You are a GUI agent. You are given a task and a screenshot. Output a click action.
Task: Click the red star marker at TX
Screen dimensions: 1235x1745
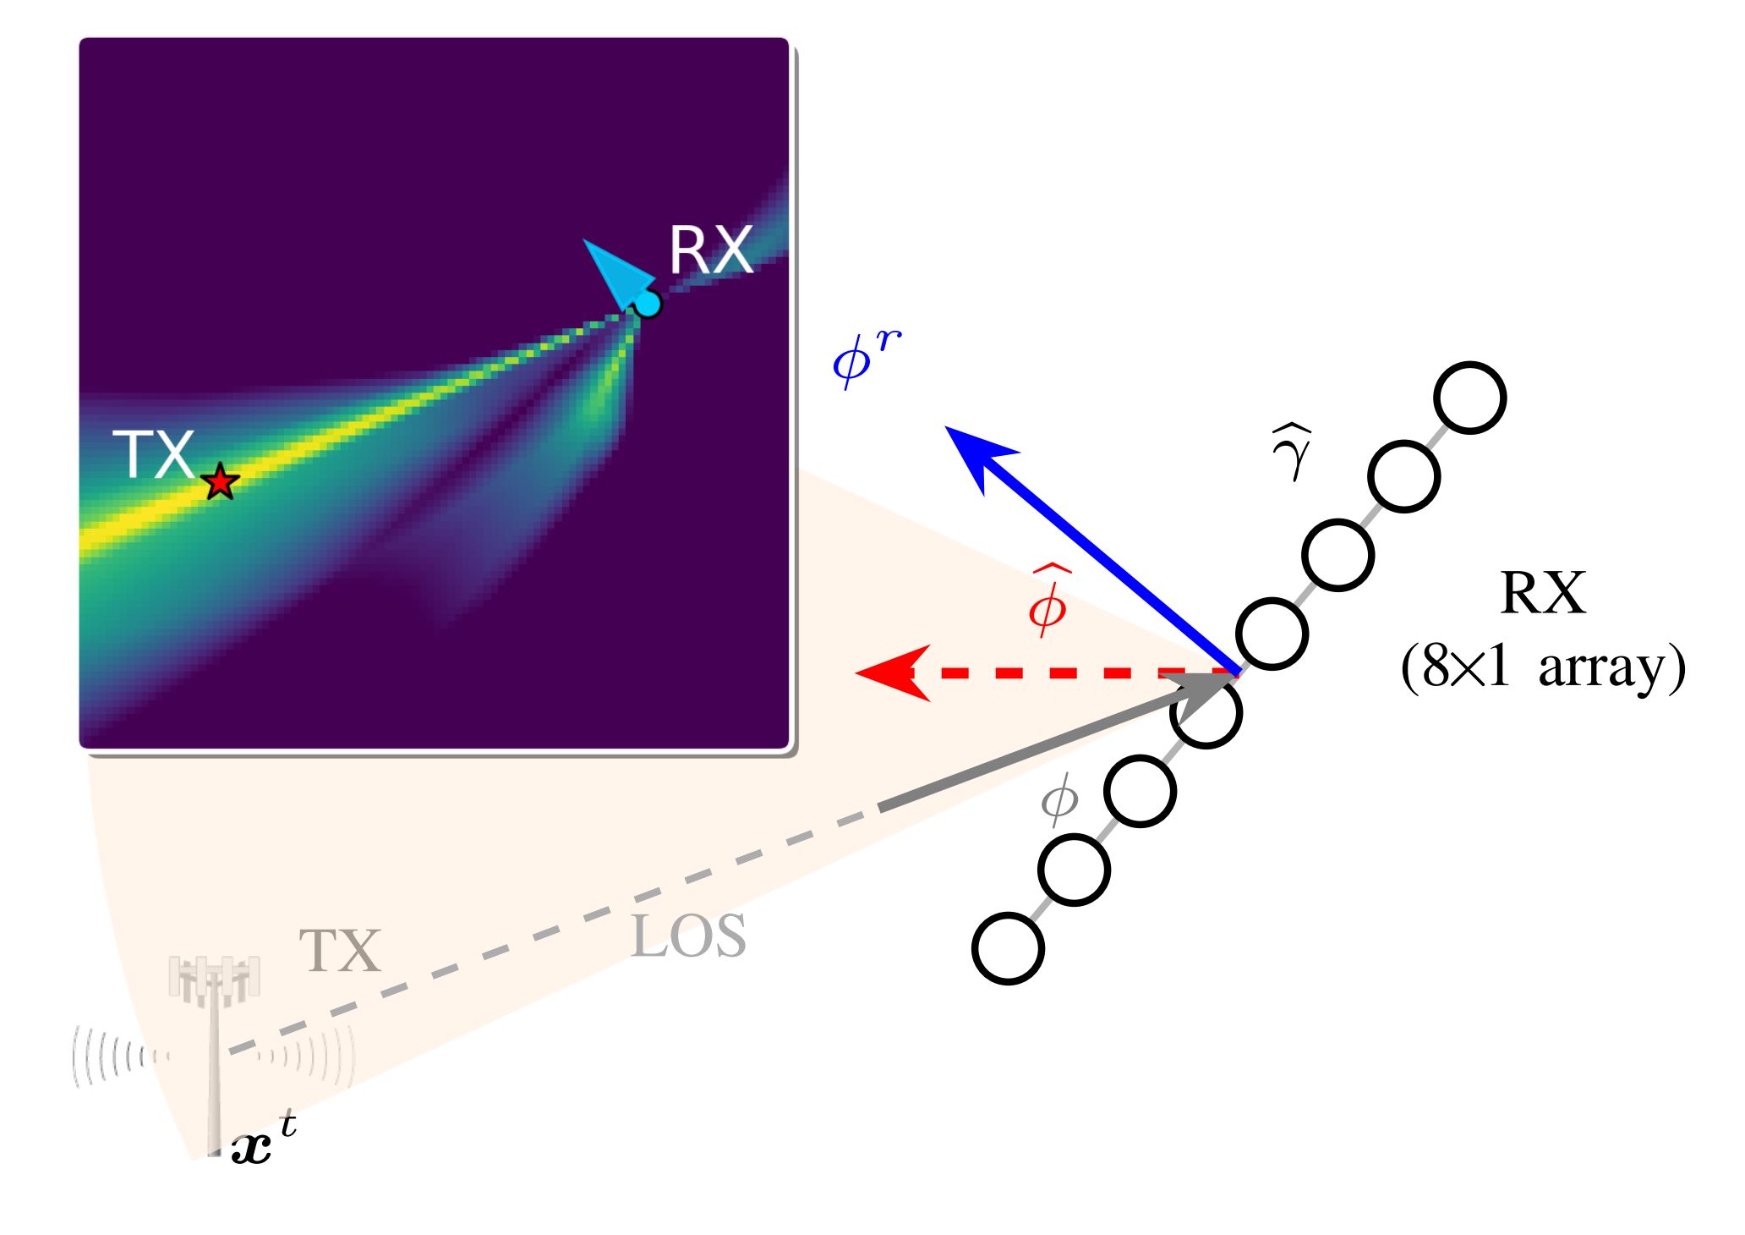click(x=221, y=482)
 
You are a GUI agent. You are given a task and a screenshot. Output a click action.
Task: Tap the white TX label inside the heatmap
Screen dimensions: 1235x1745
click(x=154, y=455)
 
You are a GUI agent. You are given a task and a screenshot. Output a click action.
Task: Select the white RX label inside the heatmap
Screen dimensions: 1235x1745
click(x=710, y=250)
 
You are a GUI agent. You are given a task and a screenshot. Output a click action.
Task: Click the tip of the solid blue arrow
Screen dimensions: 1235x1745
click(x=951, y=431)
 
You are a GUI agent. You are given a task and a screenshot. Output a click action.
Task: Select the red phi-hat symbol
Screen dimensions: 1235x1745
click(x=1048, y=602)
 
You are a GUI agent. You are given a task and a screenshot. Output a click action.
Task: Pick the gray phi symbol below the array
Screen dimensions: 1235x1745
click(x=1058, y=799)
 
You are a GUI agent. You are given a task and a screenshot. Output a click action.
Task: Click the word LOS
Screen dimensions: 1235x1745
click(x=688, y=937)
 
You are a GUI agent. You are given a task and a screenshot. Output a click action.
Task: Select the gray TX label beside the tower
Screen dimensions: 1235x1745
click(x=340, y=951)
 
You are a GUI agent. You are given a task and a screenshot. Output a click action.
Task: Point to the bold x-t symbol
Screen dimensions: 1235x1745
click(x=262, y=1142)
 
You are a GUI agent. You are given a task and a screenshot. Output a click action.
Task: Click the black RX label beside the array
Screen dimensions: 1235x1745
click(x=1542, y=594)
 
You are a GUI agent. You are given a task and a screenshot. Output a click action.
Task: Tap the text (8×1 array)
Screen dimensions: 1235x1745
click(x=1542, y=668)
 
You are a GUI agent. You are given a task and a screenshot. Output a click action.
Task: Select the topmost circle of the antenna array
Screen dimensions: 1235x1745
click(x=1470, y=398)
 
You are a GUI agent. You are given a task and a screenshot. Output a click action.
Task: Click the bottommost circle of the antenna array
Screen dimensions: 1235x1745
click(x=1008, y=948)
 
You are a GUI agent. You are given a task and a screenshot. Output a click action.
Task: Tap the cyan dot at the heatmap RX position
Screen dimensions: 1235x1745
click(x=648, y=303)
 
